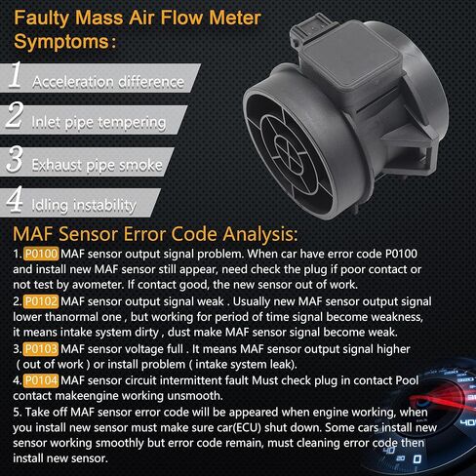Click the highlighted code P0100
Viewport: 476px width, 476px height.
(41, 254)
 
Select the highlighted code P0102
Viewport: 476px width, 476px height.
(41, 301)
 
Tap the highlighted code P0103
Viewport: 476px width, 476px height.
(41, 349)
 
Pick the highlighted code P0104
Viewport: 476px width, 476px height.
(41, 380)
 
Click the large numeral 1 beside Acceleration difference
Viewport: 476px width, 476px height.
(16, 75)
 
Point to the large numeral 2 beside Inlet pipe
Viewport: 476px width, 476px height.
(15, 114)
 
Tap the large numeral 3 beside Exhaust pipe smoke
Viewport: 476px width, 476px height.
(15, 158)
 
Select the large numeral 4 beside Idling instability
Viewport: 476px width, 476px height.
(15, 199)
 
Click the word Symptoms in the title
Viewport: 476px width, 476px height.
(61, 42)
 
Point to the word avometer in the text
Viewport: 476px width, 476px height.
(98, 285)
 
